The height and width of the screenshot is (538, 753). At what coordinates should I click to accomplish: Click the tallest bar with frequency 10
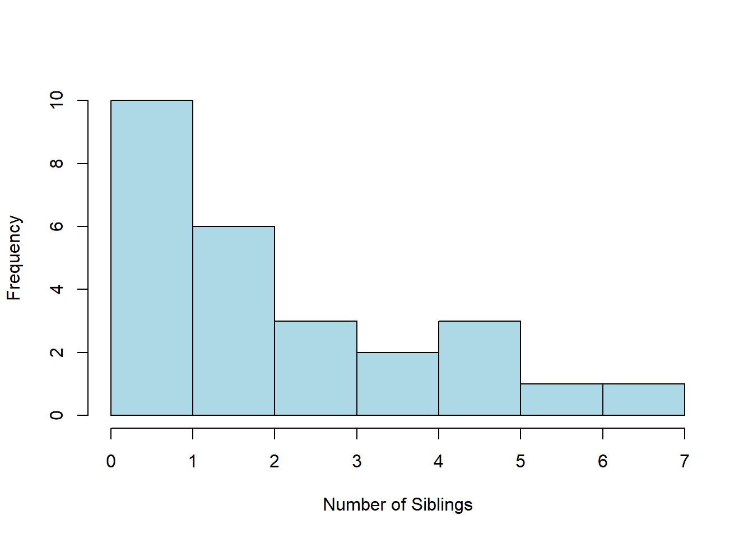(152, 258)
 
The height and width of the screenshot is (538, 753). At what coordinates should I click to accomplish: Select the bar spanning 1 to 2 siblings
(234, 321)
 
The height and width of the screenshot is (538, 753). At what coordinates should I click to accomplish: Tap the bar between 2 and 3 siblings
(315, 368)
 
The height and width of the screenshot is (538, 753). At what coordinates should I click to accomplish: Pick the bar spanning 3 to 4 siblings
(398, 384)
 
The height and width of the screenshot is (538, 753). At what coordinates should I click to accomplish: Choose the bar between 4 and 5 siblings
(480, 368)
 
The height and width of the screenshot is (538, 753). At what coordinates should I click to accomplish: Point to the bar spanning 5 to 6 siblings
(562, 400)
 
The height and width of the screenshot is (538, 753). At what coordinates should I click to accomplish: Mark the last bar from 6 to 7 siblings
(644, 400)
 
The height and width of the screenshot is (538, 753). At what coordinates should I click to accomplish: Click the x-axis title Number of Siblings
(398, 505)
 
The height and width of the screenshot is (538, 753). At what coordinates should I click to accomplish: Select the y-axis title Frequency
(14, 258)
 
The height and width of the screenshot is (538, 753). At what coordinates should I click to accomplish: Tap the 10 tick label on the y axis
(57, 100)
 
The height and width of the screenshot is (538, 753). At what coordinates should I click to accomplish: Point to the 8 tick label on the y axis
(57, 164)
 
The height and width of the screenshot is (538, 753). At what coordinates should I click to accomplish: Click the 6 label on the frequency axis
(57, 226)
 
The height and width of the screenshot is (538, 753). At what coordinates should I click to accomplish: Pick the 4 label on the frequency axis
(57, 289)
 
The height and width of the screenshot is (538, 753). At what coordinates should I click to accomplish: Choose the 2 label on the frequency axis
(57, 353)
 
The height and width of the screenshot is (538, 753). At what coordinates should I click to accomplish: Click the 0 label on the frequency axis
(57, 415)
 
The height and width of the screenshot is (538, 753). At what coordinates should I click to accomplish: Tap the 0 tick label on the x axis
(111, 461)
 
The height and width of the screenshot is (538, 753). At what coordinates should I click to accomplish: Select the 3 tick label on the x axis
(357, 461)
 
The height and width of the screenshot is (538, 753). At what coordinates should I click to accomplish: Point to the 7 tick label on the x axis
(685, 461)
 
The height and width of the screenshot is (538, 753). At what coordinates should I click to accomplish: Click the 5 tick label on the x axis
(520, 461)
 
